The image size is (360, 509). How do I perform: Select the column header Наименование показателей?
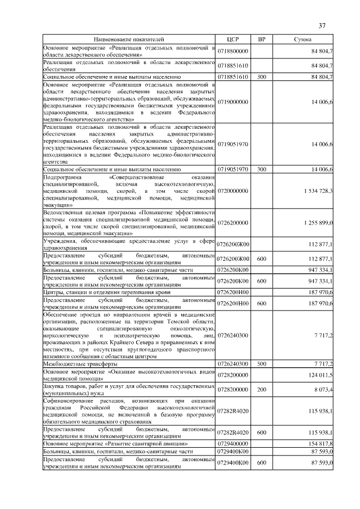pos(129,40)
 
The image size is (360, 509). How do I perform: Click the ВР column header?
pos(261,40)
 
